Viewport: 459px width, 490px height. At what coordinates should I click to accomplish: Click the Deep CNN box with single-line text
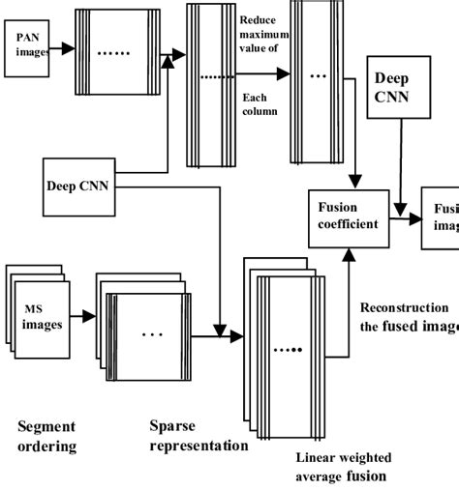pyautogui.click(x=77, y=182)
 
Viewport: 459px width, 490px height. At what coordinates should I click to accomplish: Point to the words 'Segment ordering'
pyautogui.click(x=46, y=435)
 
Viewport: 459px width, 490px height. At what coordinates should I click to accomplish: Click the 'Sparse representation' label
pyautogui.click(x=199, y=435)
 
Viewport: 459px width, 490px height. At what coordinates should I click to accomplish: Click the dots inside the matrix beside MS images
pyautogui.click(x=152, y=335)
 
